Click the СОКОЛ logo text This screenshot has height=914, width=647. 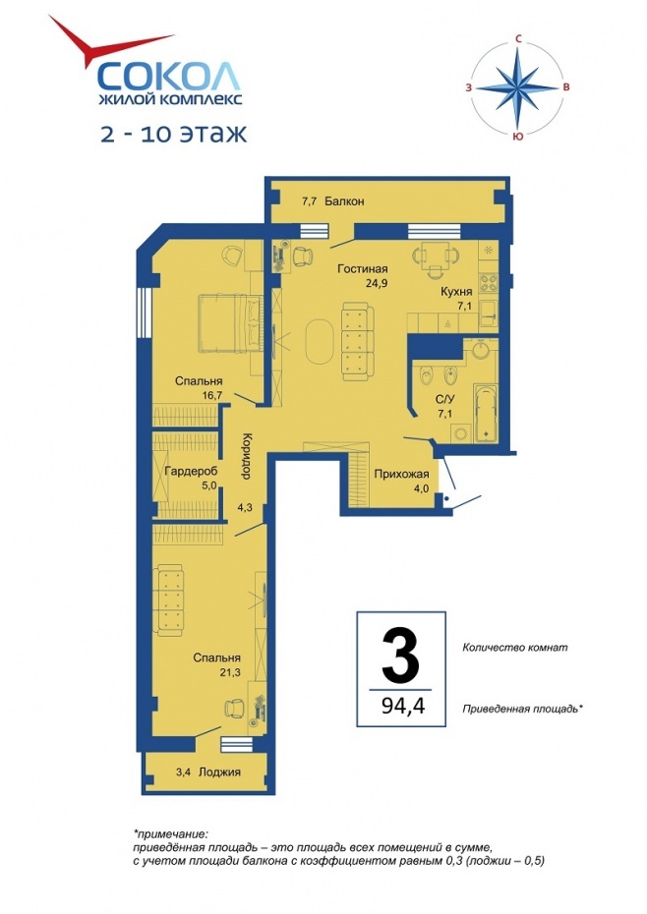click(x=168, y=76)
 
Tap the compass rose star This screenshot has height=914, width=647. click(x=517, y=88)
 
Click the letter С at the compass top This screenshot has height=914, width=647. click(x=517, y=39)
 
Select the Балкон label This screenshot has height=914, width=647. click(x=344, y=201)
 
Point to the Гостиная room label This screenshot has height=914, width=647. click(x=362, y=268)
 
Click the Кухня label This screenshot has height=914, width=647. click(x=456, y=292)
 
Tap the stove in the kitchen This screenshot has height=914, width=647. click(x=489, y=283)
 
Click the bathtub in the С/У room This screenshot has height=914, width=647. click(x=486, y=413)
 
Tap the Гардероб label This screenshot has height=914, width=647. click(x=191, y=471)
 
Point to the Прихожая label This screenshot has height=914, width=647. click(x=401, y=474)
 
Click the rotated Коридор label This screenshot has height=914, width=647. click(x=246, y=456)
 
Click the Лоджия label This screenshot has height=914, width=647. click(x=219, y=772)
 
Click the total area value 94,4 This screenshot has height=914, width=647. click(x=403, y=706)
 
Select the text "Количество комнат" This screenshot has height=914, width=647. click(x=514, y=647)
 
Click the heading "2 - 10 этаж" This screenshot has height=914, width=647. click(x=174, y=134)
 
